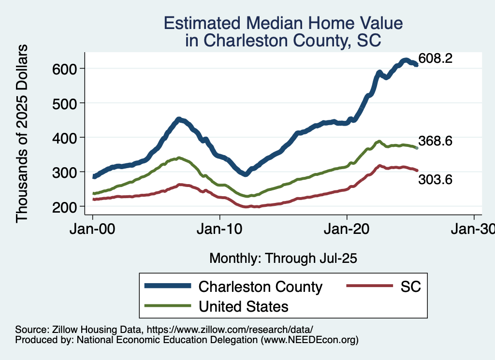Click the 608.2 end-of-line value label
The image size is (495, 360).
(x=436, y=59)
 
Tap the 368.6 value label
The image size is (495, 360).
(x=436, y=141)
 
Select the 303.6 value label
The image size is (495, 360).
(x=436, y=180)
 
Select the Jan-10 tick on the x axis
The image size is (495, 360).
(x=219, y=229)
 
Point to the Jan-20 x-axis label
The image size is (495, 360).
(x=347, y=229)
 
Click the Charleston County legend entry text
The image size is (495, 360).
(x=260, y=287)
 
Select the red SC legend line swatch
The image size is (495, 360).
(x=368, y=287)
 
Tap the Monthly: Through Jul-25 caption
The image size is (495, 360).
(x=283, y=259)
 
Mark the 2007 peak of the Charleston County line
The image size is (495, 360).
(x=178, y=119)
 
